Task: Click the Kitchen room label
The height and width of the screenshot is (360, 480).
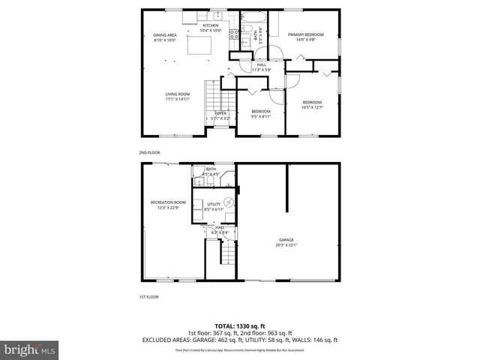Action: click(210, 28)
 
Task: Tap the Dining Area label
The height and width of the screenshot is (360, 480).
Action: click(164, 37)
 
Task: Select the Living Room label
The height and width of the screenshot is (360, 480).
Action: click(178, 96)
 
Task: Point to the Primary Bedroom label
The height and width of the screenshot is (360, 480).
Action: click(305, 37)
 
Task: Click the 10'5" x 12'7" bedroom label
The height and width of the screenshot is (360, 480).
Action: click(312, 104)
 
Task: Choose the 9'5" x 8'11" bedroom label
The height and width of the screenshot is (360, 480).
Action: click(261, 113)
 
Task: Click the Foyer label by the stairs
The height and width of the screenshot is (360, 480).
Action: click(220, 115)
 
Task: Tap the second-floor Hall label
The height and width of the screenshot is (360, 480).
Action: click(261, 67)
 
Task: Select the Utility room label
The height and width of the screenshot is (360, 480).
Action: click(214, 206)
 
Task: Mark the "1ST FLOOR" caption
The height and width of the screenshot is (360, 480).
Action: click(148, 297)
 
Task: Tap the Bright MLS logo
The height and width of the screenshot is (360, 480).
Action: click(30, 349)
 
